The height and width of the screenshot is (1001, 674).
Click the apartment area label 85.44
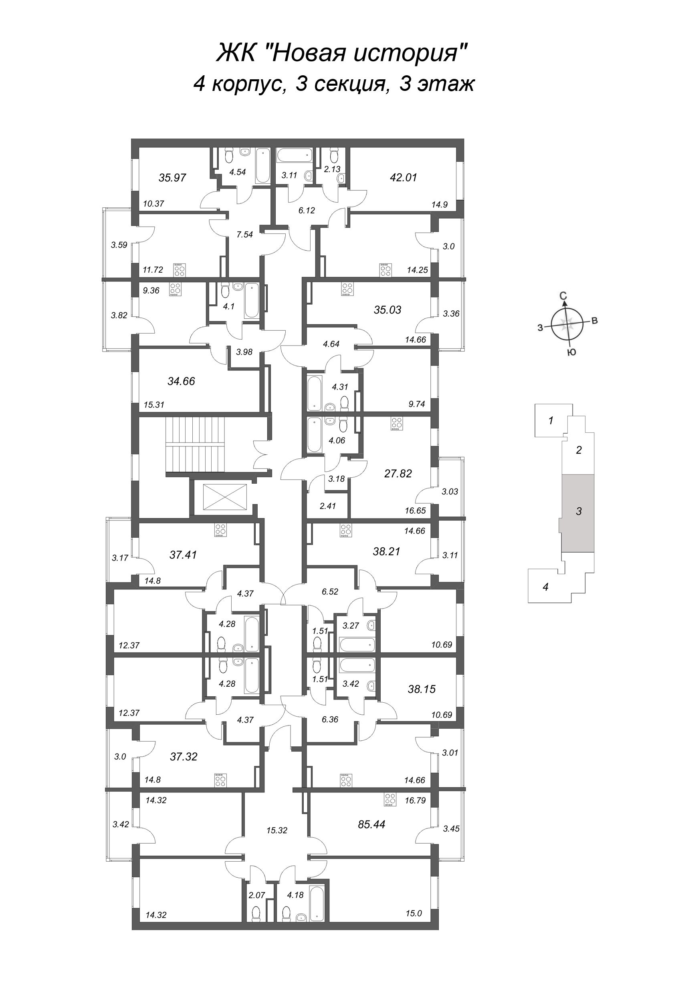(371, 824)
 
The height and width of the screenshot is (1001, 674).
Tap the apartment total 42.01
(403, 177)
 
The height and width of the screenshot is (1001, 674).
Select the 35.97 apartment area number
(172, 177)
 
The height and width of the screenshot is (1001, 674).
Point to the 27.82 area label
(398, 473)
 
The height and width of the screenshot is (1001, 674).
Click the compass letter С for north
(563, 295)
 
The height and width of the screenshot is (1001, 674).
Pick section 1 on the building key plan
(551, 420)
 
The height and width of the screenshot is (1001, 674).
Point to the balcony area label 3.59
(119, 245)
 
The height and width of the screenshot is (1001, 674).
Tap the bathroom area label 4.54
(237, 172)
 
